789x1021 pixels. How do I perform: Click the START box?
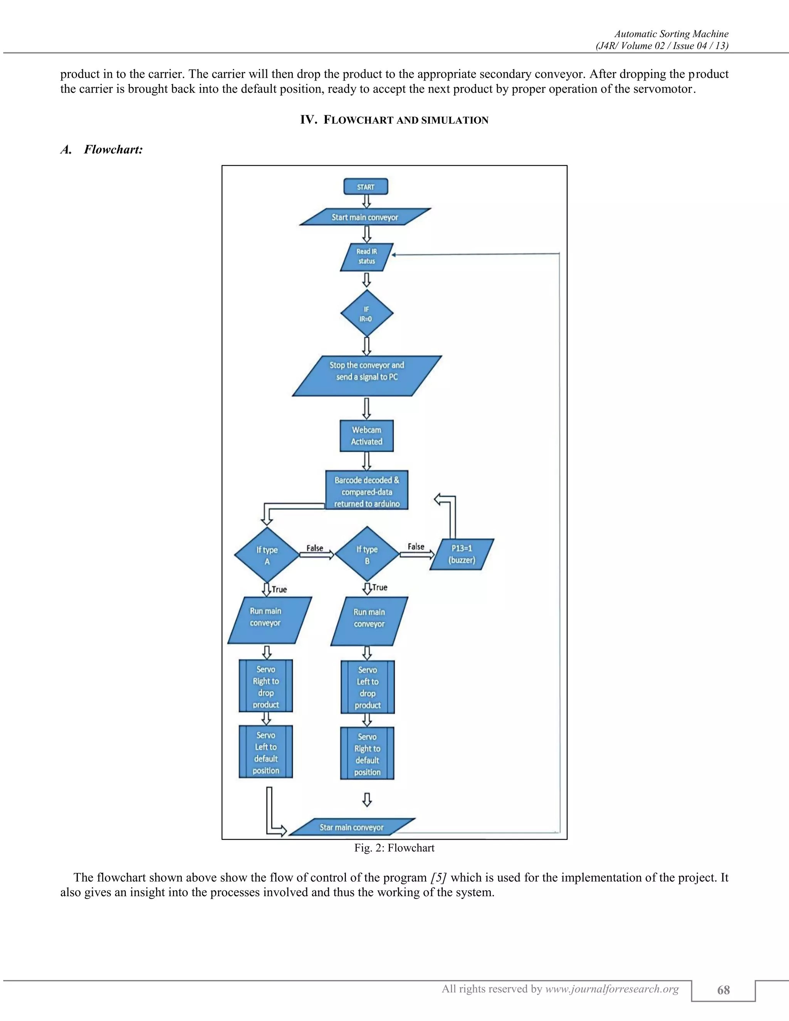click(366, 186)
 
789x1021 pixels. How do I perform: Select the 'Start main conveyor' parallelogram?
click(365, 217)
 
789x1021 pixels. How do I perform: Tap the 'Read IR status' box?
click(367, 257)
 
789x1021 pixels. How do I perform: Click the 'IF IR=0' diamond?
click(367, 313)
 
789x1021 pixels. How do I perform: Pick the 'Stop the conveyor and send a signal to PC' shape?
click(367, 376)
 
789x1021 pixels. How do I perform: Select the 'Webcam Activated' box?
click(366, 436)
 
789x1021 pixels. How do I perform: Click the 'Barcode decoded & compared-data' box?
click(367, 490)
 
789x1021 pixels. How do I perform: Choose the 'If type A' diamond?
click(267, 555)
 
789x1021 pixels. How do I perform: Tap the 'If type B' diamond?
click(368, 554)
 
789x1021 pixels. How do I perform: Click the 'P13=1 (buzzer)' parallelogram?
click(462, 554)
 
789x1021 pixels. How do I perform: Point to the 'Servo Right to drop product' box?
click(266, 686)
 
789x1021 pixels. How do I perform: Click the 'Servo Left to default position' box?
click(266, 752)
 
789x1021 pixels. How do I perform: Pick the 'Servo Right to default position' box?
click(368, 753)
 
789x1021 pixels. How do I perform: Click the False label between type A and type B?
click(315, 548)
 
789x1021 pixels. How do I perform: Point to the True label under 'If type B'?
click(379, 587)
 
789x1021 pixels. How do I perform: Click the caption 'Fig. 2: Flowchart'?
click(394, 848)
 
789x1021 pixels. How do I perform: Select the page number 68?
click(724, 990)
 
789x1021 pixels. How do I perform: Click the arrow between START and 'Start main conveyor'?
click(367, 202)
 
